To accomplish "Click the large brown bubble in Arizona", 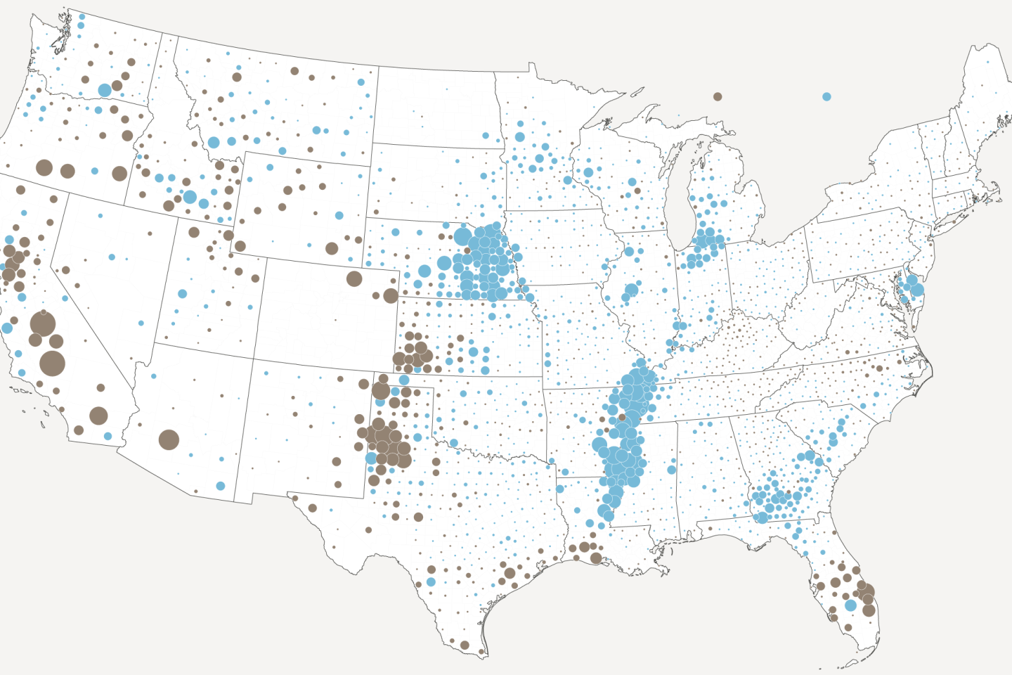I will click(169, 440).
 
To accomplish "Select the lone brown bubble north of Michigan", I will click(718, 96).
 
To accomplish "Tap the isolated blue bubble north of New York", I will click(826, 96).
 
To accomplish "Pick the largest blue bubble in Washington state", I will click(105, 90).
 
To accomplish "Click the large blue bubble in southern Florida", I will click(850, 605).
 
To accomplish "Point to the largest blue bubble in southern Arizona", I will click(220, 486).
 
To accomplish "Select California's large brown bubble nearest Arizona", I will click(98, 416).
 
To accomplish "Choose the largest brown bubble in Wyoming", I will click(332, 248).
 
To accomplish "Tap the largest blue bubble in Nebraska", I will click(462, 236).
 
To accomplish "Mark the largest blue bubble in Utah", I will click(183, 294).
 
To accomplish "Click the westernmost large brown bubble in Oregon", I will click(44, 167).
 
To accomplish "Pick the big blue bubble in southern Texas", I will click(431, 581).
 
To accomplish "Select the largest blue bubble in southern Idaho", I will click(190, 197).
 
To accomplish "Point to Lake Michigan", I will click(678, 204).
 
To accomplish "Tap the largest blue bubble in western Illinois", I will click(631, 290).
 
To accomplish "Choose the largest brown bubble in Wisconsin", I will click(637, 191).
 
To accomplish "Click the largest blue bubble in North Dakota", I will click(486, 136).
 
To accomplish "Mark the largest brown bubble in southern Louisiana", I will click(596, 558).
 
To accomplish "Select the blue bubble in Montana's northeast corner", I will click(361, 82).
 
